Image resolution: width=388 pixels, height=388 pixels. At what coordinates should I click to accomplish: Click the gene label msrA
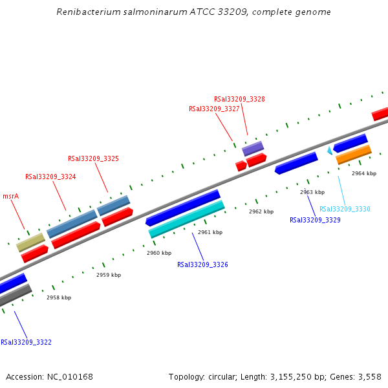pos(10,196)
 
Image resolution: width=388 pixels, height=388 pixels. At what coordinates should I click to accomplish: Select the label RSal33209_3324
pos(50,177)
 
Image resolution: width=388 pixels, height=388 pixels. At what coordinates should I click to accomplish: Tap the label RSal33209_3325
pos(93,158)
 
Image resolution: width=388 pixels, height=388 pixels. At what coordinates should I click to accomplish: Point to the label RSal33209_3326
pos(202,264)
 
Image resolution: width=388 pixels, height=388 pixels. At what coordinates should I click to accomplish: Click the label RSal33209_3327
pos(214,109)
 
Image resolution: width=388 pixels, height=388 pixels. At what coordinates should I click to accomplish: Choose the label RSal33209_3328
pos(239,99)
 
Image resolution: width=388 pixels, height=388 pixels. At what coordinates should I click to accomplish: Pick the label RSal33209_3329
pos(315,220)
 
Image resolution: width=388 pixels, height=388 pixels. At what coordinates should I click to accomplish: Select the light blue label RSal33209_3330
pos(345,209)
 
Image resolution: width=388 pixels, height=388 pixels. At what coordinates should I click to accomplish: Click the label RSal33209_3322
pos(26,342)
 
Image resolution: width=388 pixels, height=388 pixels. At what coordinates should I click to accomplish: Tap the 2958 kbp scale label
pos(59,297)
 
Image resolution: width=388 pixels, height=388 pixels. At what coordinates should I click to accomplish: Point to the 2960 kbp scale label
pos(159,253)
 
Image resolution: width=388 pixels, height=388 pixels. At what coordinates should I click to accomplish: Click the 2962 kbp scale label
pos(261,211)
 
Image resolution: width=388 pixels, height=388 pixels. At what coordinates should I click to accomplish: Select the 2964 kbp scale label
pos(363,173)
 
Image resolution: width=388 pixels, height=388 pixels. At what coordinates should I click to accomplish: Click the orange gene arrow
pos(353,155)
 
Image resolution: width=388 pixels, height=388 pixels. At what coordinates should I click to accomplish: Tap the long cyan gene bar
pos(186,219)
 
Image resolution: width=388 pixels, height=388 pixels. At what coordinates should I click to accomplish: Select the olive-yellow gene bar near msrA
pos(30,242)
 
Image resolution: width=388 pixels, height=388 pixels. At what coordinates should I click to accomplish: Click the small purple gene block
pos(253,149)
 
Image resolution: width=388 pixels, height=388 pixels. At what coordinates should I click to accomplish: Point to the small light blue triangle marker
pos(330,151)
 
